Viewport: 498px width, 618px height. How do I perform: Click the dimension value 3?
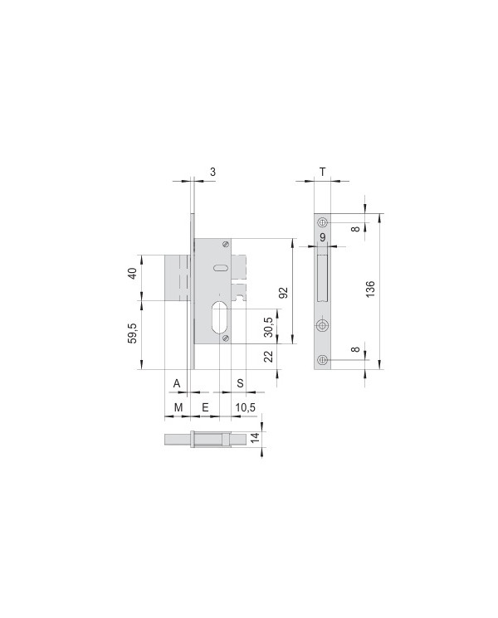(213, 172)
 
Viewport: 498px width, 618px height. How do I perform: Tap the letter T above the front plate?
(323, 172)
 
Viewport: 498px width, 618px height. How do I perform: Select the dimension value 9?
(323, 238)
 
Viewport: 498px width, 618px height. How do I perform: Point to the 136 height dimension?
(370, 289)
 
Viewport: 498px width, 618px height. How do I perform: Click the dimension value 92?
(284, 293)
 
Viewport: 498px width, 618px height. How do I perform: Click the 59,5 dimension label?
(132, 333)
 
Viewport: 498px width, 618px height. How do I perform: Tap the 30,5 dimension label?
(269, 327)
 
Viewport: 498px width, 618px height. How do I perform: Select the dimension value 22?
(269, 357)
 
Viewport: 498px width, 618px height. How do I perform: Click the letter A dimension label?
(177, 383)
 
